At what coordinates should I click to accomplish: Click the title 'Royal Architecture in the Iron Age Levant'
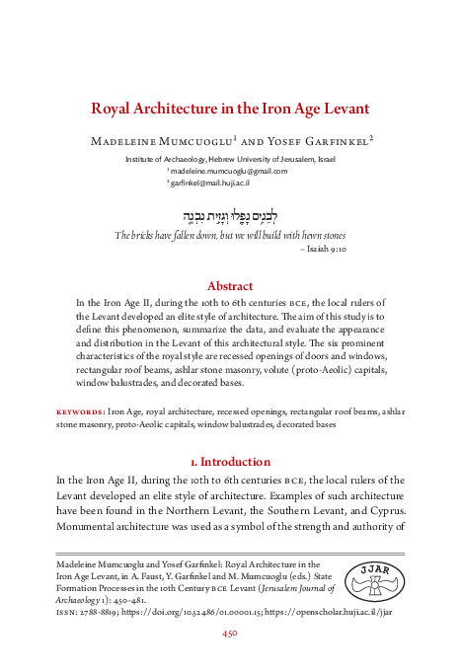click(231, 108)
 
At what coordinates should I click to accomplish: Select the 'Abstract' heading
click(230, 286)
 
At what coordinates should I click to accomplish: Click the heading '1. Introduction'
click(230, 462)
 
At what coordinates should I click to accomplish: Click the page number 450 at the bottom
click(230, 635)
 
